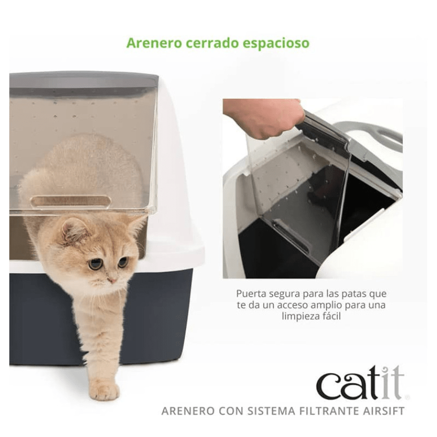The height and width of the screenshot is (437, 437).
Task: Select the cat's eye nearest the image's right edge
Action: pos(123,262)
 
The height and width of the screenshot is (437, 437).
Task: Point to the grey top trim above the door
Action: pos(83,80)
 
